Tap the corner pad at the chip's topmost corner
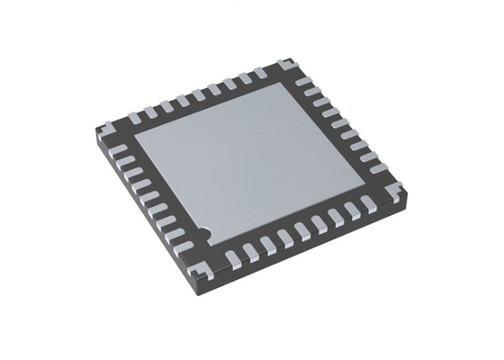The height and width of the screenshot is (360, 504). click(285, 65)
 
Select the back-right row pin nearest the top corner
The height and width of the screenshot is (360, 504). click(303, 81)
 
